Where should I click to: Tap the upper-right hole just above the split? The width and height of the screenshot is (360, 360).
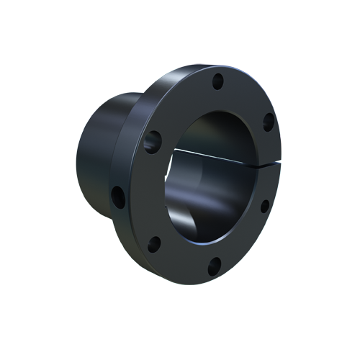pos(268,123)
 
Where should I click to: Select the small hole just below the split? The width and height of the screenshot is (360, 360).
pos(264,206)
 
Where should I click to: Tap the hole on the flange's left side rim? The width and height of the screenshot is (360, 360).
pos(117,196)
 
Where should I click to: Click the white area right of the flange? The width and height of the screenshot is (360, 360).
pos(317,180)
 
